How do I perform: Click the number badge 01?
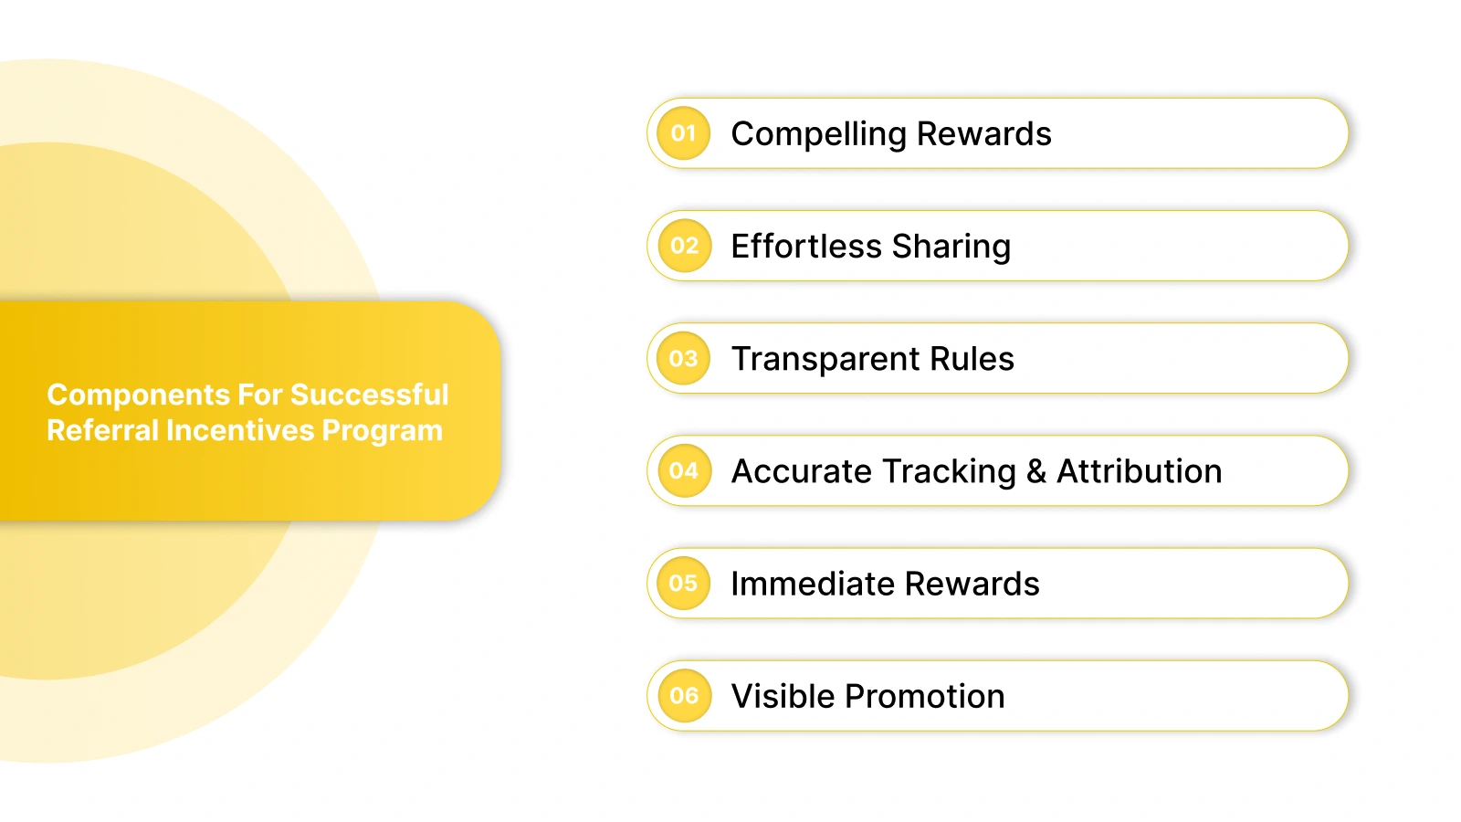(683, 133)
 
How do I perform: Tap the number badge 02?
(683, 246)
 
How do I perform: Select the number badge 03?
(683, 358)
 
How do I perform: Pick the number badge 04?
(683, 470)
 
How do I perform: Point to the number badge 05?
(683, 583)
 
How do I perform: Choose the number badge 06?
(683, 695)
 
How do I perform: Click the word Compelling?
(818, 134)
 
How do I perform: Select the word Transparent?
(825, 359)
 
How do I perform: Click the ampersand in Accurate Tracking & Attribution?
(1035, 471)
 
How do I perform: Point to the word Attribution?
(1139, 471)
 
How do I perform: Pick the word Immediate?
(812, 584)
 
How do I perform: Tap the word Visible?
(783, 696)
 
